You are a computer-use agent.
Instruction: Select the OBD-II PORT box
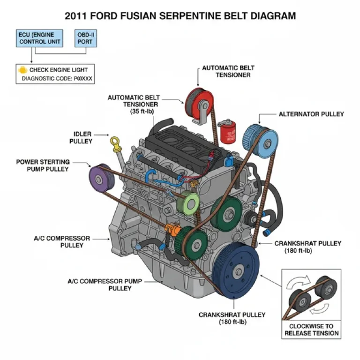point(85,38)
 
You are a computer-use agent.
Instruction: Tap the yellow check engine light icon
point(22,70)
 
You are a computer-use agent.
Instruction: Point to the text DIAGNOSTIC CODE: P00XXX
point(57,79)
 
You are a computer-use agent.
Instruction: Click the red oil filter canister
point(226,131)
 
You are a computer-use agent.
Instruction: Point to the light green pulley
point(190,202)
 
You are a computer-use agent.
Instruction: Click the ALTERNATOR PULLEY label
point(311,114)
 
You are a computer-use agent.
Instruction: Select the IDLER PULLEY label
point(81,137)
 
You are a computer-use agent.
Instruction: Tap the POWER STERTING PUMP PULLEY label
point(43,165)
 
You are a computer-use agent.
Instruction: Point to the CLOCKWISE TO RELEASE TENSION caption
point(311,330)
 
